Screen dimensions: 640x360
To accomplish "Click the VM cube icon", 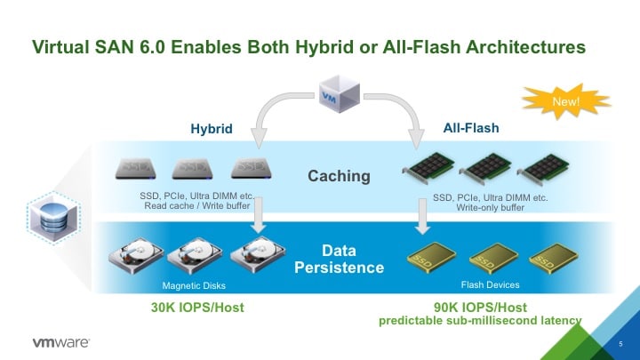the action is tap(340, 94).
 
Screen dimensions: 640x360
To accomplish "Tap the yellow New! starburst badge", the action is tap(565, 101).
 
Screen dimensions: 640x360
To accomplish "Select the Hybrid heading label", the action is tap(212, 129).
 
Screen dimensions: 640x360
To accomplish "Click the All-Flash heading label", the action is tap(471, 128).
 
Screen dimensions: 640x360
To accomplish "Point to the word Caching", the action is tap(339, 176).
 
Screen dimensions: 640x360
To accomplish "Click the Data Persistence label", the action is tap(340, 259).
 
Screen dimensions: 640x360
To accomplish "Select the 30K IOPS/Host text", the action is tap(197, 308).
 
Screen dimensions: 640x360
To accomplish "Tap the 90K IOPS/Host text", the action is tap(480, 307).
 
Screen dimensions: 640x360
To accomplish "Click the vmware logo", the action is tap(61, 342).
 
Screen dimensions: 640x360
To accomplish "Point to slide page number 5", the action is tap(620, 344).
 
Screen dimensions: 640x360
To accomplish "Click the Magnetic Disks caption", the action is tap(194, 285).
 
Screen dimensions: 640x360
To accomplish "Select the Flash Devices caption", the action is tap(490, 285).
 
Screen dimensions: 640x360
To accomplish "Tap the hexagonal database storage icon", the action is tap(54, 217).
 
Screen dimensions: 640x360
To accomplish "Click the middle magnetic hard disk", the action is tap(195, 255).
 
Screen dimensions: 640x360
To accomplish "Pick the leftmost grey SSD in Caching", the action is tap(135, 169).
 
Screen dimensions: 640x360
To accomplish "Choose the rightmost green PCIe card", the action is tap(543, 169).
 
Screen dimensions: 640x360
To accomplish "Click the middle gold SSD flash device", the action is tap(493, 258).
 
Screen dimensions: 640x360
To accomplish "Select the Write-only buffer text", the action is tap(490, 208).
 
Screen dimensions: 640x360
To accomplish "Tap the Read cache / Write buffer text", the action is tap(197, 206).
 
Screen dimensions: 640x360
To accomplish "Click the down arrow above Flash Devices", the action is tap(423, 216).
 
